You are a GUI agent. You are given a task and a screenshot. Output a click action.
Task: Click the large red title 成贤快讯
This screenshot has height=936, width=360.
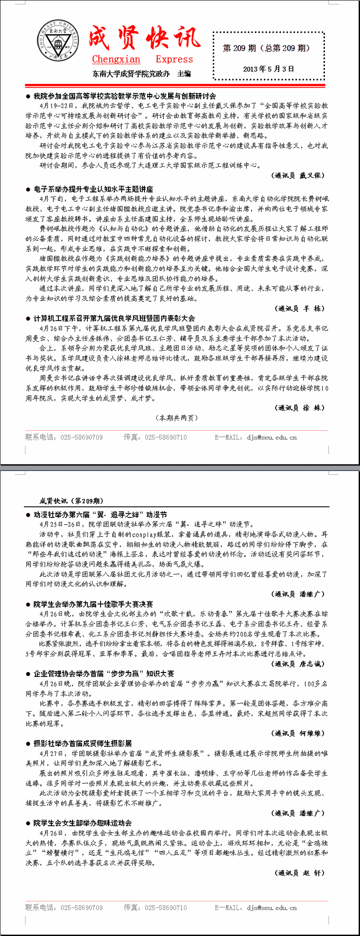144,38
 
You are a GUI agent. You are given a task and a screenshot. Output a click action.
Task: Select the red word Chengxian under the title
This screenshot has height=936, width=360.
116,59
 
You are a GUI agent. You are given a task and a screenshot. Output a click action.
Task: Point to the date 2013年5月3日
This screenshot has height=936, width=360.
268,69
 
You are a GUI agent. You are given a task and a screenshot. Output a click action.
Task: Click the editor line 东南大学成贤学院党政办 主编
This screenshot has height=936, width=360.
141,74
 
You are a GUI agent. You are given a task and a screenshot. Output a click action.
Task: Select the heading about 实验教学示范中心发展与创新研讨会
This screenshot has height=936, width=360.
124,96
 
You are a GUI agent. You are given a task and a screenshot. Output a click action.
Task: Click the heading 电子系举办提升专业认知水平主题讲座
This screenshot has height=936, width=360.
93,189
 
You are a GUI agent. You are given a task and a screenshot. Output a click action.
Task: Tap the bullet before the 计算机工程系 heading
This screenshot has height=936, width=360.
28,319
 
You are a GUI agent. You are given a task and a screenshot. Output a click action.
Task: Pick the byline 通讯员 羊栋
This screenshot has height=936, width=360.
301,309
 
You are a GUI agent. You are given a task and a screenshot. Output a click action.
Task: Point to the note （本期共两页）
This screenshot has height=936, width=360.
177,418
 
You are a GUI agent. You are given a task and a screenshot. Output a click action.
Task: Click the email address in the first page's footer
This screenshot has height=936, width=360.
272,438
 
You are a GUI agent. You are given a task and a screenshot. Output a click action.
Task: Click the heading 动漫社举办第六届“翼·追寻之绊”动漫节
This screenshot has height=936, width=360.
100,515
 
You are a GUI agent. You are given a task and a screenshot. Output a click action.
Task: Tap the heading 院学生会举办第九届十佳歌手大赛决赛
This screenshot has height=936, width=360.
93,604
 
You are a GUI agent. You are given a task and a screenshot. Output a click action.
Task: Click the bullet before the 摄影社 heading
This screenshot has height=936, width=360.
28,744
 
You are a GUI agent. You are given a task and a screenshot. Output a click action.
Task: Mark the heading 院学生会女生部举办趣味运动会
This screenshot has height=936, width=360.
82,823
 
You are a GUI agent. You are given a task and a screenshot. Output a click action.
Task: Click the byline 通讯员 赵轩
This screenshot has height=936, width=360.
300,873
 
